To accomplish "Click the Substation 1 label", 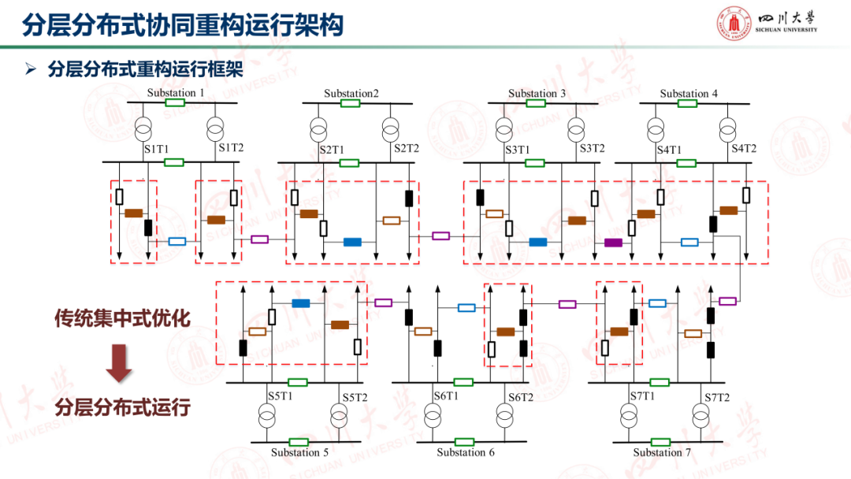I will (176, 93).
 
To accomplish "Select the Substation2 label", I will (351, 94).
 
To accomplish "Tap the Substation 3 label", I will (537, 94).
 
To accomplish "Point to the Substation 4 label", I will (689, 94).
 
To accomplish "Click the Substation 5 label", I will (299, 453).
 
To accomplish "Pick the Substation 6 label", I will (466, 453).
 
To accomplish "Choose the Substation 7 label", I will (662, 453).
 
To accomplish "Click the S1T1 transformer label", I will (156, 148).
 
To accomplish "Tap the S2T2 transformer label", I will (407, 148).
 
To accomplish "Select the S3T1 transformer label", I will (517, 149).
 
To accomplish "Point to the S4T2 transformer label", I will (743, 148).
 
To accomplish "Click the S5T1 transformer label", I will (281, 396).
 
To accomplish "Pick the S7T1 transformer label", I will (642, 396).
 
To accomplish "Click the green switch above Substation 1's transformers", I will (175, 102).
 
